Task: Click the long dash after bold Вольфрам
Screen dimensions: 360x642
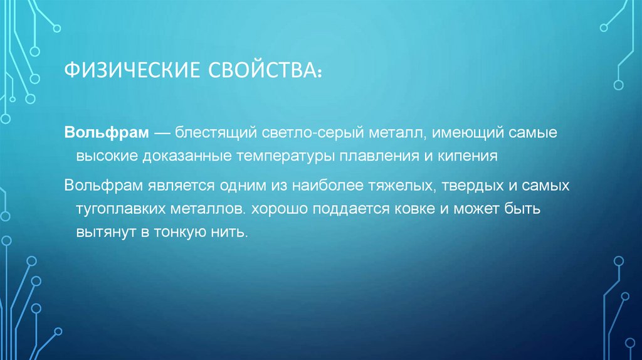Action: pos(162,134)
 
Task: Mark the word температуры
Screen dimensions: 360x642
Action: pos(286,156)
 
